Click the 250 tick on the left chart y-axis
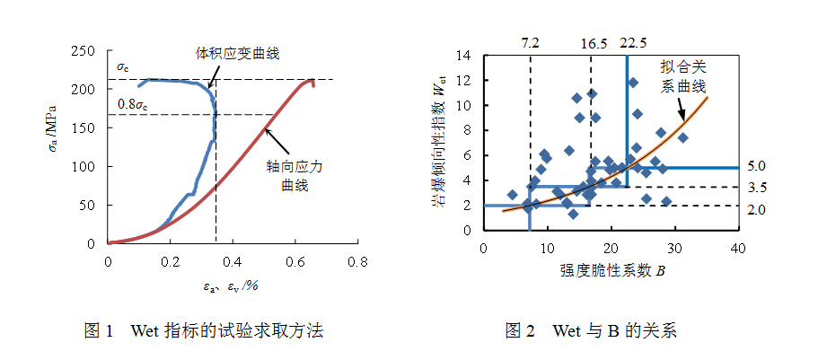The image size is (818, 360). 84,51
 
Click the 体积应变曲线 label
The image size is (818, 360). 238,54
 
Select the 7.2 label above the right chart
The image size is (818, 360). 530,42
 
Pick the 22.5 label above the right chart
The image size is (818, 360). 633,42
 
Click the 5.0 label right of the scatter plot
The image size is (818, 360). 756,167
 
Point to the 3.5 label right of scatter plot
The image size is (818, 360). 756,188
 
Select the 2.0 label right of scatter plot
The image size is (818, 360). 756,208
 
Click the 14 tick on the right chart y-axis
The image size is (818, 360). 464,56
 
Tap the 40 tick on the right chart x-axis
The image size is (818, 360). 738,247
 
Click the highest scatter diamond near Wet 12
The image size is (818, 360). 633,83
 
